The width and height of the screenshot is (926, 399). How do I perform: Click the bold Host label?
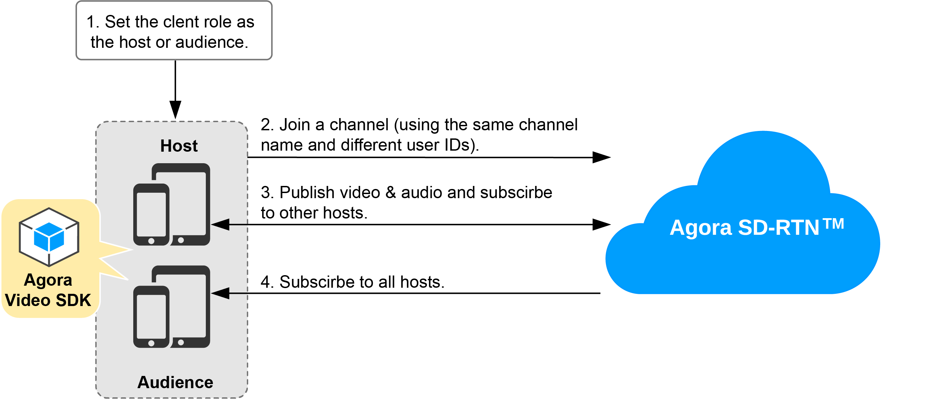(x=179, y=146)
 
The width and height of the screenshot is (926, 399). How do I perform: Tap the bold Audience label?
(x=175, y=382)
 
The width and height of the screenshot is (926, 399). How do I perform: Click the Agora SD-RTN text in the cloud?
(x=744, y=227)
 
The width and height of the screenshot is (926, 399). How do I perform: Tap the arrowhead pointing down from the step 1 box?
(x=175, y=110)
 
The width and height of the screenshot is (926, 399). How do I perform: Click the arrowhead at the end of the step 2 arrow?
(x=602, y=157)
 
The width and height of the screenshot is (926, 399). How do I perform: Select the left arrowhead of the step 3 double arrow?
(x=220, y=225)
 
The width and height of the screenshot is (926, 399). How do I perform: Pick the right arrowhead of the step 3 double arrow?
(x=602, y=225)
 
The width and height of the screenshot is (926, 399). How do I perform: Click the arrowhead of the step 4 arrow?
(x=220, y=293)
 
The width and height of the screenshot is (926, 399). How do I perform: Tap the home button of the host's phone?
(x=151, y=241)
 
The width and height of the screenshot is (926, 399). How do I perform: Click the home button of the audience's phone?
(x=151, y=343)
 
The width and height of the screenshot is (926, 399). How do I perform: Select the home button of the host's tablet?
(x=181, y=240)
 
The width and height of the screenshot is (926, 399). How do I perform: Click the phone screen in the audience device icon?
(x=151, y=316)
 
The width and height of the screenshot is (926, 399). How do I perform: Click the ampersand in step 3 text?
(x=391, y=192)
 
